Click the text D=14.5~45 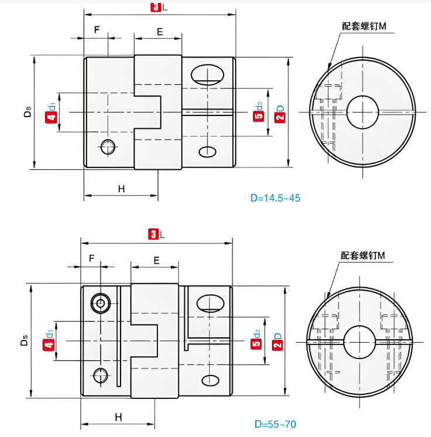275,198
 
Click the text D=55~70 275,424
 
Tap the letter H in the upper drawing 121,189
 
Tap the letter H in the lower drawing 119,417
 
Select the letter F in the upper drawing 97,29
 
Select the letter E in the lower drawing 157,261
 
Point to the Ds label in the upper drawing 27,112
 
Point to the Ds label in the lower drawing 24,340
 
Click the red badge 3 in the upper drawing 156,7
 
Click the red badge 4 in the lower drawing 49,345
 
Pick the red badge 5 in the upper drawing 258,116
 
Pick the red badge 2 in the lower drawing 277,345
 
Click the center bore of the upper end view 363,112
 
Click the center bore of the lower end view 360,342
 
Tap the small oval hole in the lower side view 211,380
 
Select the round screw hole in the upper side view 108,147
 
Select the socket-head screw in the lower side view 101,303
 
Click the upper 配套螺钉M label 364,26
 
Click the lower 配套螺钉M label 363,255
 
